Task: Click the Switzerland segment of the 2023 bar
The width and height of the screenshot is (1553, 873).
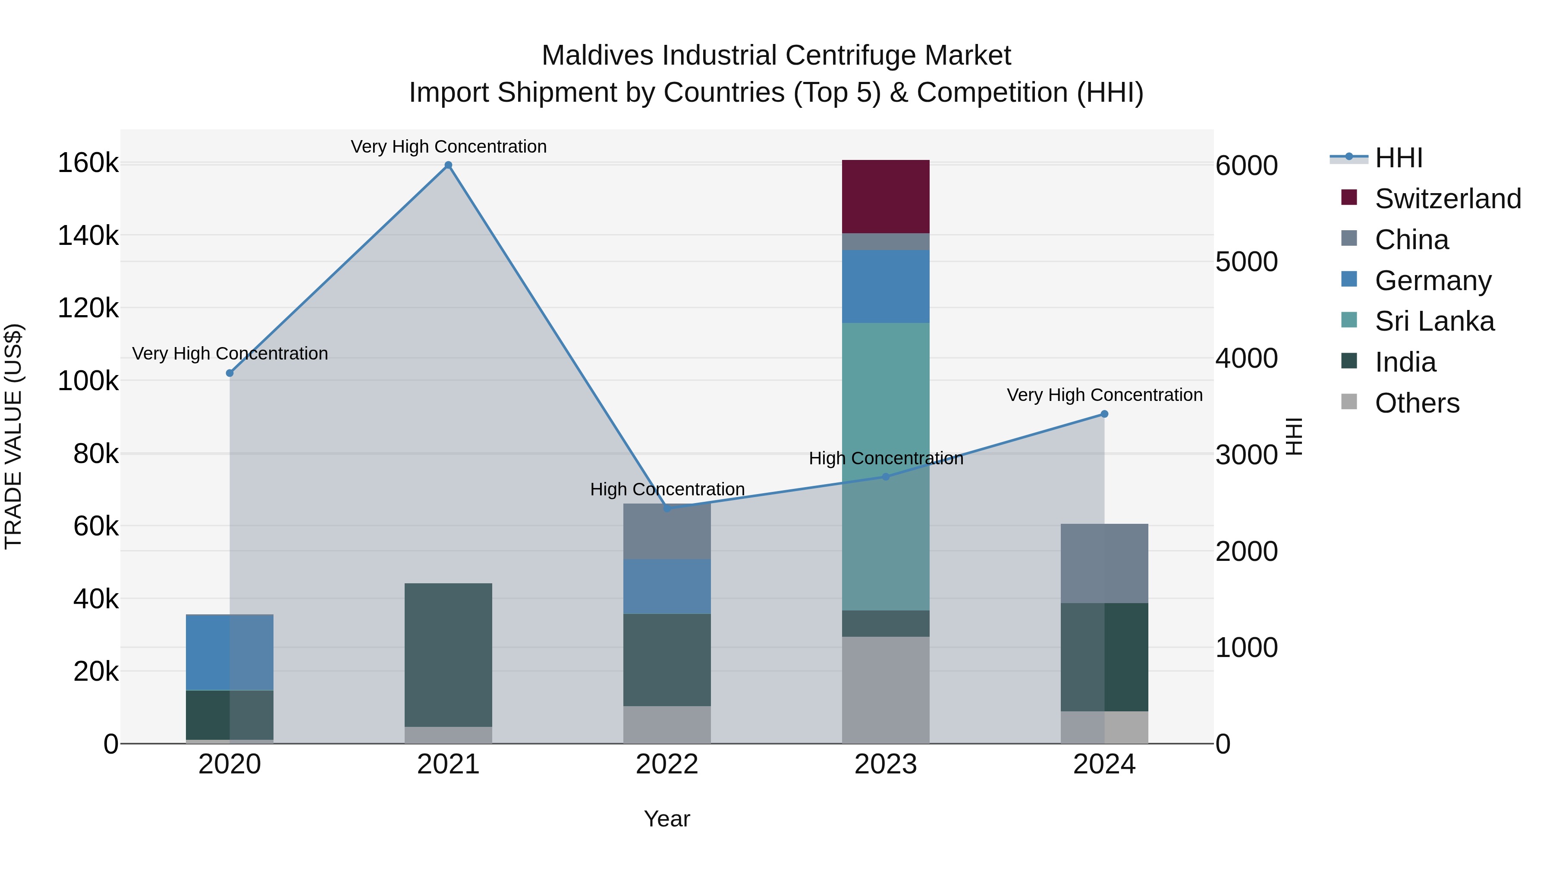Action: pos(885,197)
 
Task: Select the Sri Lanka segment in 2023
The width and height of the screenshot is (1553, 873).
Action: pos(885,466)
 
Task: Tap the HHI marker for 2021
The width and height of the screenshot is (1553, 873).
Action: pos(448,165)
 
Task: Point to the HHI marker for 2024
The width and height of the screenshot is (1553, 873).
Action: pos(1104,414)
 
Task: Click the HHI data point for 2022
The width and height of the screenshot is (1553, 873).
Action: pos(667,508)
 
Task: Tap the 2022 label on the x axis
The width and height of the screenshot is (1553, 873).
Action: pos(667,764)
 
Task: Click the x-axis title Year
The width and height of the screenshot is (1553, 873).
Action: pos(667,819)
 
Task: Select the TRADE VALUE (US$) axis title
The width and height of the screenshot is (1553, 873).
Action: pos(14,436)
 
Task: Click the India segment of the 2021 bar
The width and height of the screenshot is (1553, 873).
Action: pos(448,654)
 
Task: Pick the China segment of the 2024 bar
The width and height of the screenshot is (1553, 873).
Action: pos(1104,563)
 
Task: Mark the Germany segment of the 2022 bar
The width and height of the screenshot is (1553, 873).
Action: pos(667,586)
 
